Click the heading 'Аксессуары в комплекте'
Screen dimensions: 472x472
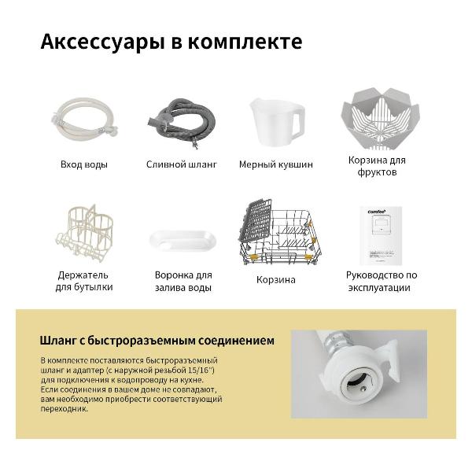point(171,42)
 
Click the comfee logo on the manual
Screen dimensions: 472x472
point(376,212)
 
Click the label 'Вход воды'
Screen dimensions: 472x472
point(84,165)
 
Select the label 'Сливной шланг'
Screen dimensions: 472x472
point(182,165)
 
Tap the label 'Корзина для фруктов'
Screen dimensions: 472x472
point(377,165)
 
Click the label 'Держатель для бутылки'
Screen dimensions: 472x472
point(83,281)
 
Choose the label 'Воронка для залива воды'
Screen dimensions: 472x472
point(183,282)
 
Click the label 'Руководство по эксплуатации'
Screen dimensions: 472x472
point(382,281)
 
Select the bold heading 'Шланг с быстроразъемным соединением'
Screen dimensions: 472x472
point(157,341)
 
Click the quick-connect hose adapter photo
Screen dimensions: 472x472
point(358,373)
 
